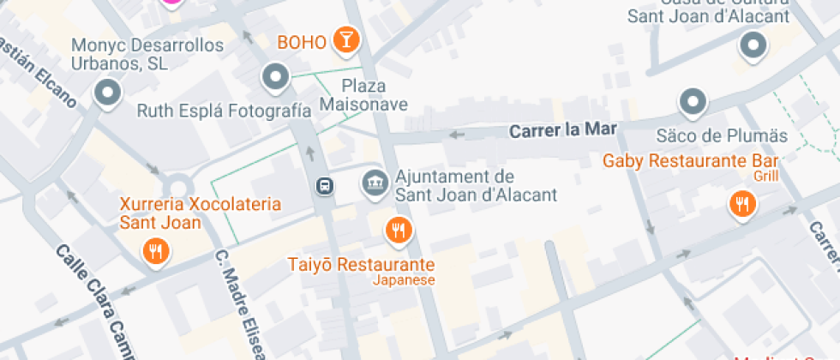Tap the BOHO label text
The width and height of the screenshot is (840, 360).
[x=301, y=41]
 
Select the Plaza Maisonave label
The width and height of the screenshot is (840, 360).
[x=363, y=95]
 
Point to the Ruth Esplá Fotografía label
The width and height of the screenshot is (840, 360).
[x=224, y=111]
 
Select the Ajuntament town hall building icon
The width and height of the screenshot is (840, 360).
[x=374, y=182]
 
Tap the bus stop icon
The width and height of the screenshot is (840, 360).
[x=325, y=185]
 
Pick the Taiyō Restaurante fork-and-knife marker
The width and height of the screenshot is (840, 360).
[x=397, y=229]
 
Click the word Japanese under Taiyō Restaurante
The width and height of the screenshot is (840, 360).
[x=404, y=280]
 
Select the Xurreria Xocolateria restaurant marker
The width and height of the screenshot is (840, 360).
[x=155, y=251]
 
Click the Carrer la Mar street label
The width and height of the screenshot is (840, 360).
[x=562, y=131]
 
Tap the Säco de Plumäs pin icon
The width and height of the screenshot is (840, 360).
[x=693, y=103]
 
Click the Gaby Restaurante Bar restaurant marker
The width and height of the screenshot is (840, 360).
[x=741, y=204]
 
